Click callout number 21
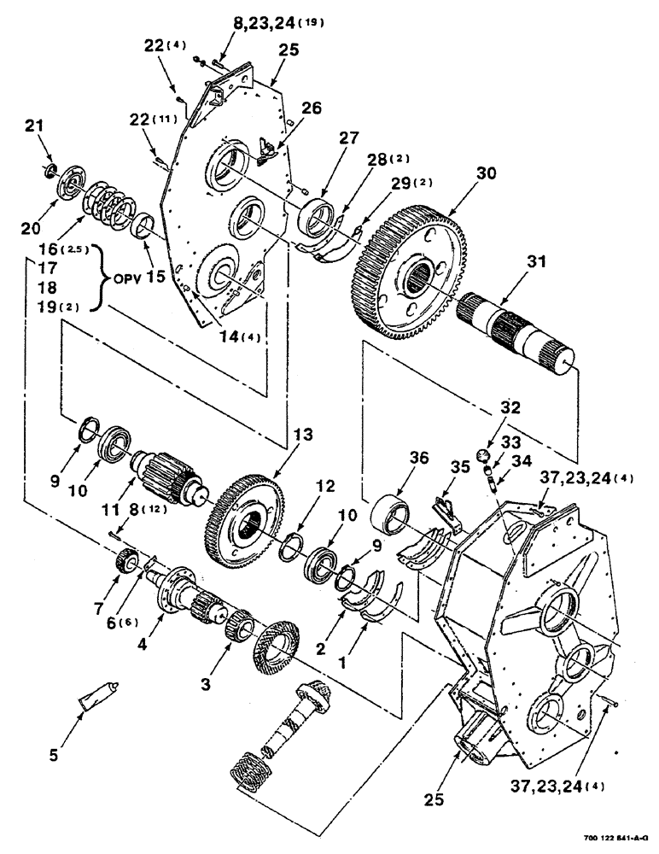[32, 126]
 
